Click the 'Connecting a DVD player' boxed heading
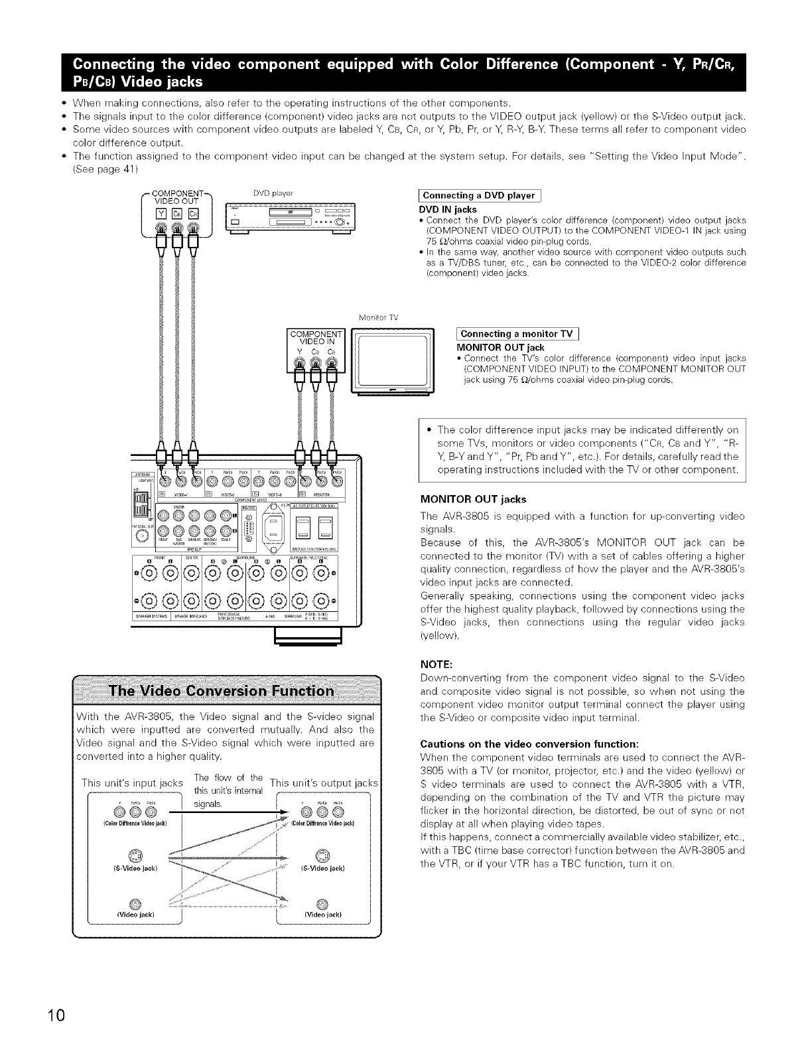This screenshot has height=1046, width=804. click(x=478, y=195)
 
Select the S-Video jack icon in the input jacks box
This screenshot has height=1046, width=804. click(x=135, y=852)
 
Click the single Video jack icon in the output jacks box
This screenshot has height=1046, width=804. click(x=323, y=902)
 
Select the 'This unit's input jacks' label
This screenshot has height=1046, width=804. click(x=131, y=783)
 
